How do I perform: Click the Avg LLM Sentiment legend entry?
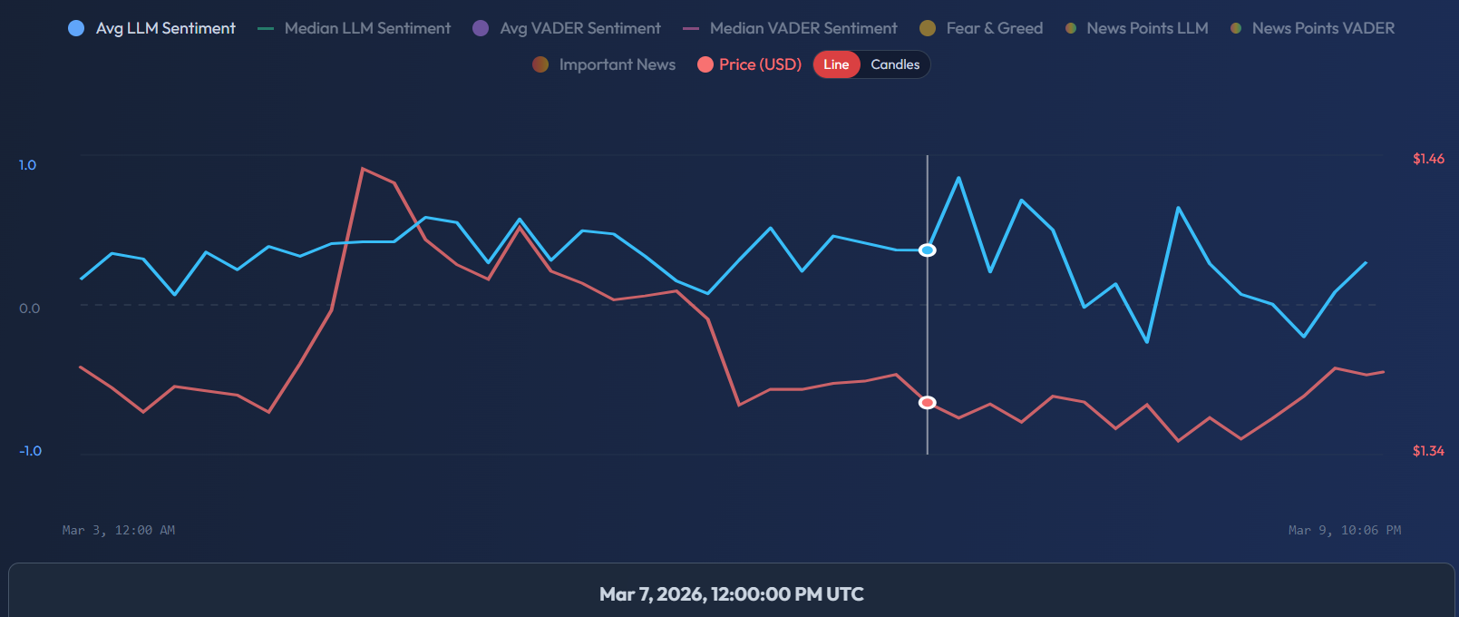152,28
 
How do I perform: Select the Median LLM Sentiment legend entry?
355,28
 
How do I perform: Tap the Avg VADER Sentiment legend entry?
568,28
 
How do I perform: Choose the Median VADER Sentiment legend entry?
791,28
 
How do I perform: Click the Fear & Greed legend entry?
982,28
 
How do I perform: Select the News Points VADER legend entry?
1312,28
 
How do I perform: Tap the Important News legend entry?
605,64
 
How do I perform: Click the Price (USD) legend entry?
750,64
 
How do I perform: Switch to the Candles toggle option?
895,64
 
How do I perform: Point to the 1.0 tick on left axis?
27,165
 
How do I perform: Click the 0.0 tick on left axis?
29,308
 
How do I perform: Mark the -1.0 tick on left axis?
30,451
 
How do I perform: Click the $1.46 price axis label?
1428,159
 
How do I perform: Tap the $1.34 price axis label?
1428,451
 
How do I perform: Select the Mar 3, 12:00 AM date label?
119,530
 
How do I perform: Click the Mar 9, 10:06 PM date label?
1345,530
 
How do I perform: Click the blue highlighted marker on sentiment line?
928,250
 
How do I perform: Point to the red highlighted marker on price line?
928,403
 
